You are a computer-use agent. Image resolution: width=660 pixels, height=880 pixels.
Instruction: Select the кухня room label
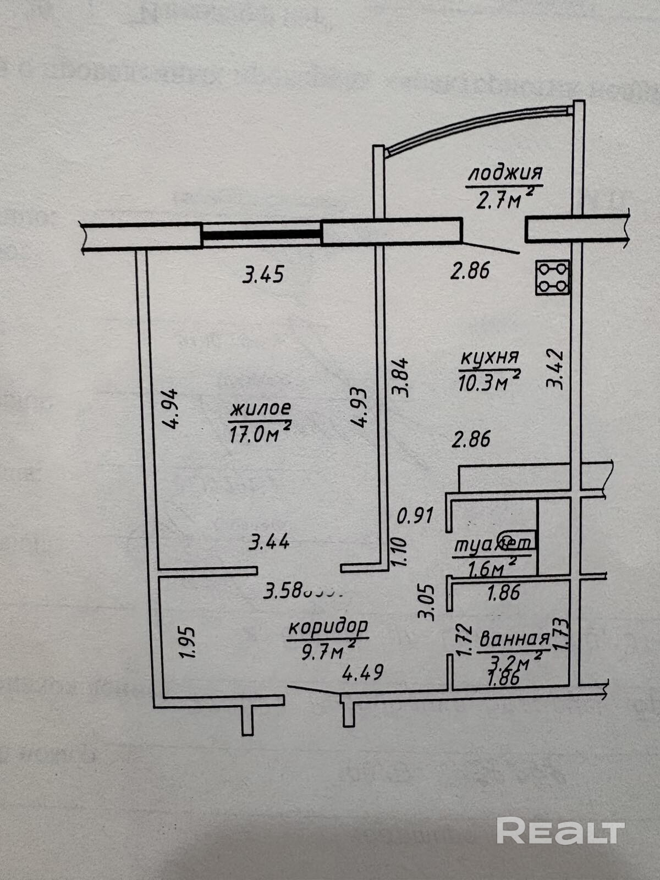tap(489, 358)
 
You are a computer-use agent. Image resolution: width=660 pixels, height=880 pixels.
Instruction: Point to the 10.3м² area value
tap(488, 382)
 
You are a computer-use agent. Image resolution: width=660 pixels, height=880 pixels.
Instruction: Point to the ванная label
tap(514, 639)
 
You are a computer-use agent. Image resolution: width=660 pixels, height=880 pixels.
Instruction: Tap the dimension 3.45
tap(263, 274)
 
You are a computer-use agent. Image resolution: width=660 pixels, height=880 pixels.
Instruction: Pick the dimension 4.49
tap(362, 672)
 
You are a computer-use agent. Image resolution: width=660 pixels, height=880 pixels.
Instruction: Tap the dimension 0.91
tap(415, 516)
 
